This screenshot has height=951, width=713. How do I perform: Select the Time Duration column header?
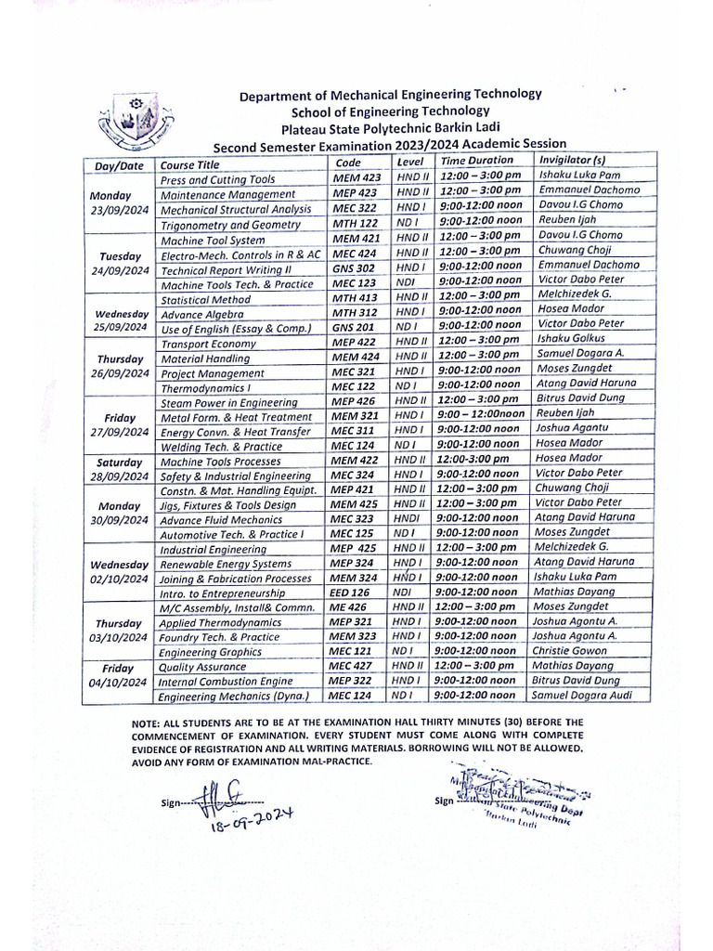[x=476, y=162]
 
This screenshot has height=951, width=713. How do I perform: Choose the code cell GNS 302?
[x=354, y=266]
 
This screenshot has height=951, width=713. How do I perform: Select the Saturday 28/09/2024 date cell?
[x=118, y=468]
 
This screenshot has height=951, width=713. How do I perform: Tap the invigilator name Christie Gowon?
[x=570, y=652]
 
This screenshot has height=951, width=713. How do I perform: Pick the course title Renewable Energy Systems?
[x=226, y=564]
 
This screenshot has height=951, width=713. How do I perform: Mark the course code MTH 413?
[x=355, y=299]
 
